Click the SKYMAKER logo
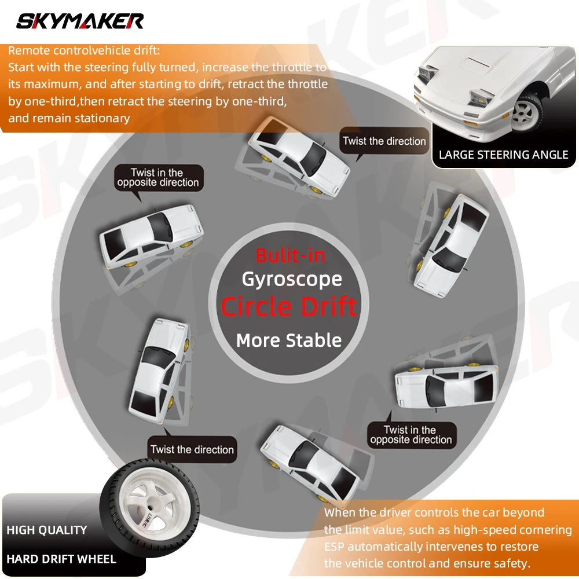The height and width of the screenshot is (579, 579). click(80, 21)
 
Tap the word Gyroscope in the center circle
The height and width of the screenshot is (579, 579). click(292, 280)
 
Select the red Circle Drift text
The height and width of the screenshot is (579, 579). click(289, 306)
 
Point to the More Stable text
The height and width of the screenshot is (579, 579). click(289, 340)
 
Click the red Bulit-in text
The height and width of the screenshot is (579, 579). click(290, 255)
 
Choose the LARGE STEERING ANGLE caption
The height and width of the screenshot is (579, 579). click(503, 155)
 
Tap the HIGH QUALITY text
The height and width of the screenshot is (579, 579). click(47, 530)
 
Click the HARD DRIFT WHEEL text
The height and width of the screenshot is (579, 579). click(61, 559)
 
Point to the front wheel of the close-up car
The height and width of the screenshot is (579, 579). click(526, 113)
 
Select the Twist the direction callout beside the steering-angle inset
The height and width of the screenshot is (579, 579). click(384, 141)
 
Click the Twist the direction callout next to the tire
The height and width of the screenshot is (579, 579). click(192, 449)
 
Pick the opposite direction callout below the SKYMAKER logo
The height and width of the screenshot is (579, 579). click(159, 178)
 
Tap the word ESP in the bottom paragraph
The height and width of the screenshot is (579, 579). click(334, 547)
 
